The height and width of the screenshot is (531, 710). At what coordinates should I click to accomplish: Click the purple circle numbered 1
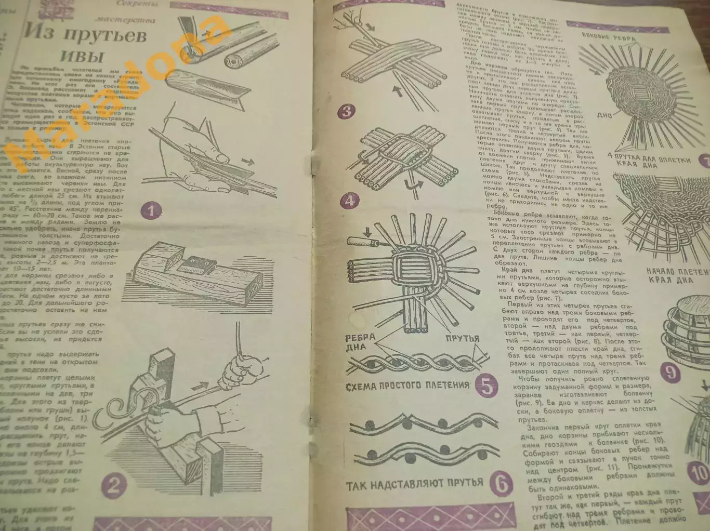[151, 211]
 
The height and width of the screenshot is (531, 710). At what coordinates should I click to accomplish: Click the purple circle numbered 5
[487, 387]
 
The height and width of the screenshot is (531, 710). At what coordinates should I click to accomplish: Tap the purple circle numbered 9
[671, 372]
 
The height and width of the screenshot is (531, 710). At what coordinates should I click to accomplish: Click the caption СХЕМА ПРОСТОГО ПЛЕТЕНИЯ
[407, 386]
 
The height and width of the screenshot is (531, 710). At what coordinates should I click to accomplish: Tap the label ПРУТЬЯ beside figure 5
[463, 339]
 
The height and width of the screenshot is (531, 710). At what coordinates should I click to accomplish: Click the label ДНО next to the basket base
[604, 115]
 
